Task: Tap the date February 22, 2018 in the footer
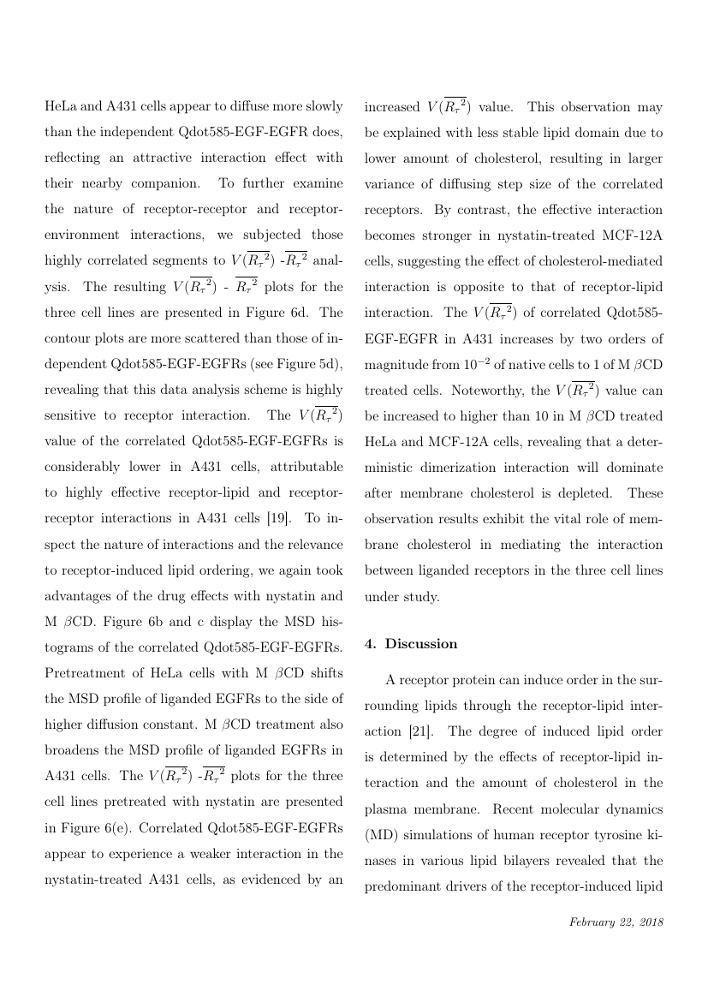(x=616, y=922)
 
